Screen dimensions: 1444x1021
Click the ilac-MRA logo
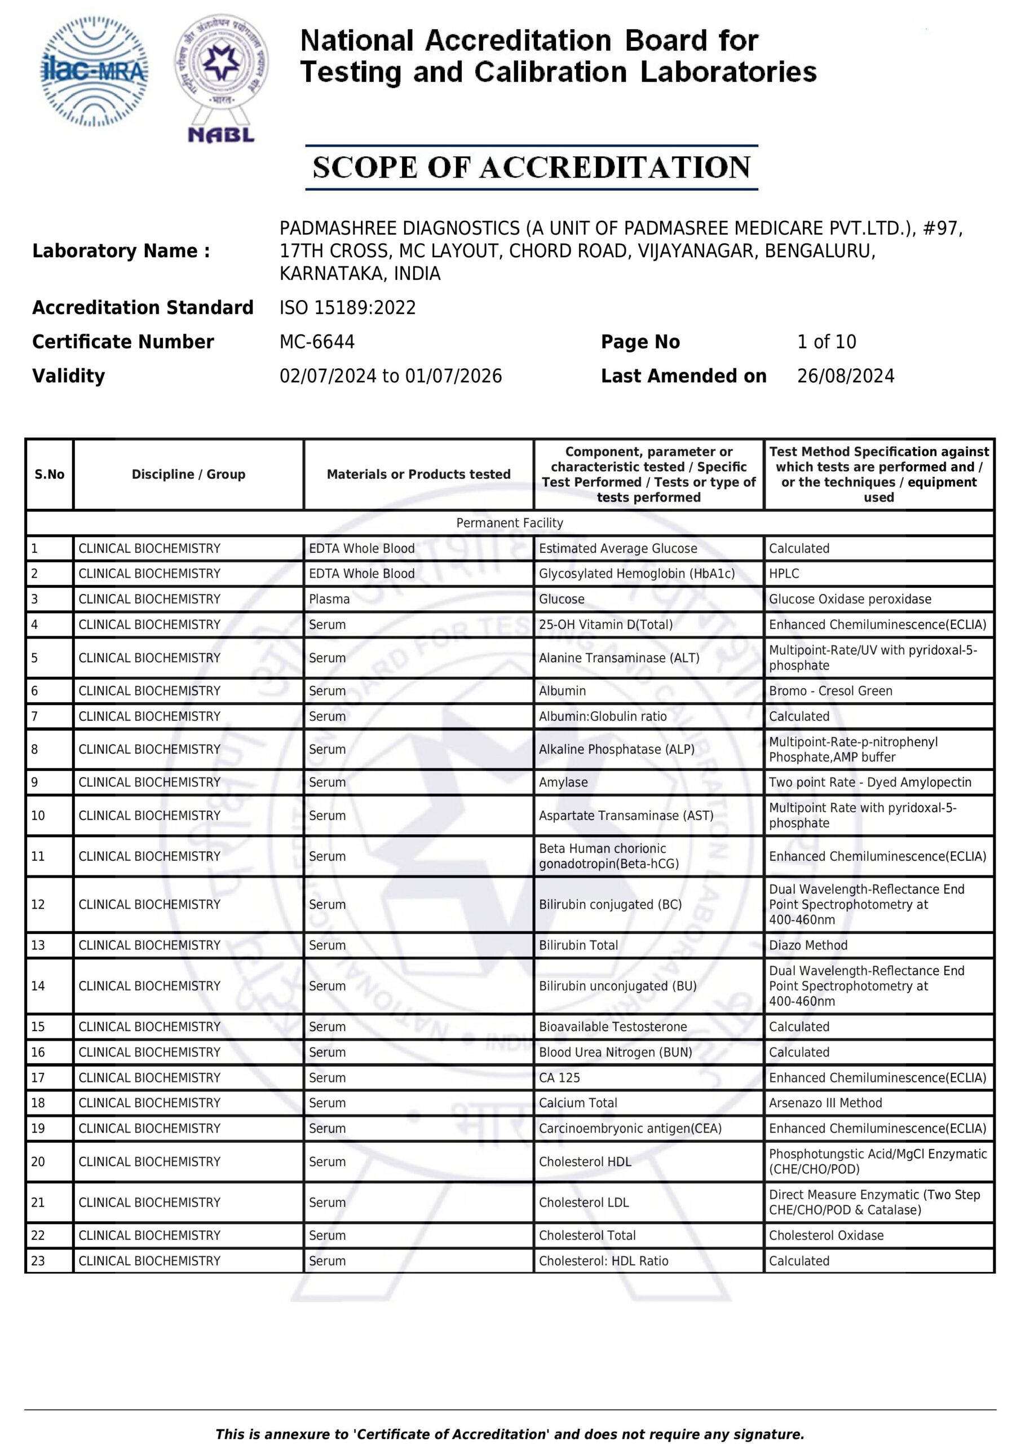(94, 71)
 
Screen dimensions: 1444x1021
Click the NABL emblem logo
(222, 78)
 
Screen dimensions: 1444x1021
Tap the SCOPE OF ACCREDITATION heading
(531, 168)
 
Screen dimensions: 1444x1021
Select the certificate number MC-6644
(317, 342)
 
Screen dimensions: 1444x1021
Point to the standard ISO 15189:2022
(348, 307)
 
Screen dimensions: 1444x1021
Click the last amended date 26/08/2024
(845, 376)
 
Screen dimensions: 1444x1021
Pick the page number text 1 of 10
(826, 342)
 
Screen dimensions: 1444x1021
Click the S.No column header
(50, 474)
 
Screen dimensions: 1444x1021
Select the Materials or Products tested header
(418, 474)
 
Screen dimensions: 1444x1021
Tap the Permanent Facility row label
(509, 523)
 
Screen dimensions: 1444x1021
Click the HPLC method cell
(784, 574)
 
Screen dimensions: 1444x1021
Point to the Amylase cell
(563, 782)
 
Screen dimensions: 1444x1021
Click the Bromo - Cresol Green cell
(830, 690)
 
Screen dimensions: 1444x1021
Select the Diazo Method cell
(808, 945)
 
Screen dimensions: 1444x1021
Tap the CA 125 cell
(559, 1078)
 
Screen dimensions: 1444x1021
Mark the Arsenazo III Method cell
(825, 1103)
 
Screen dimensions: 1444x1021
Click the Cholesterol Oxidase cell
(825, 1235)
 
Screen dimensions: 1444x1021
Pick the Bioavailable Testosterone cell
(612, 1027)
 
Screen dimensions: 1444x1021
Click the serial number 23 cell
(38, 1261)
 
